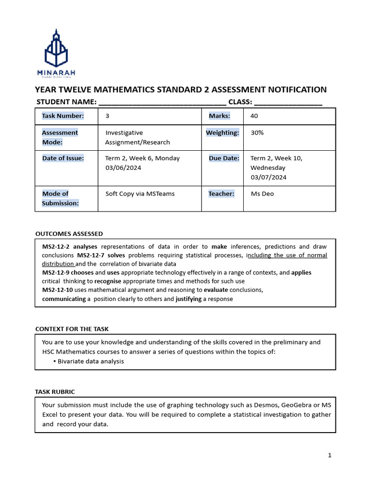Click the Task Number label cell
[x=63, y=116]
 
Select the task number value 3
[x=108, y=116]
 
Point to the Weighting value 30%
[x=257, y=133]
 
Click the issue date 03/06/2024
[x=123, y=167]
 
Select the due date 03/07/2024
[x=269, y=177]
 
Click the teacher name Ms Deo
[x=262, y=194]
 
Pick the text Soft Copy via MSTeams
[x=140, y=194]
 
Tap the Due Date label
[x=223, y=158]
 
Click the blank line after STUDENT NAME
[x=162, y=102]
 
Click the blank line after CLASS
[x=288, y=102]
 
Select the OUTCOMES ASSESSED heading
[x=69, y=234]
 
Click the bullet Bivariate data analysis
[x=90, y=361]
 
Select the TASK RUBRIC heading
[x=55, y=391]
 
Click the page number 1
[x=330, y=456]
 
